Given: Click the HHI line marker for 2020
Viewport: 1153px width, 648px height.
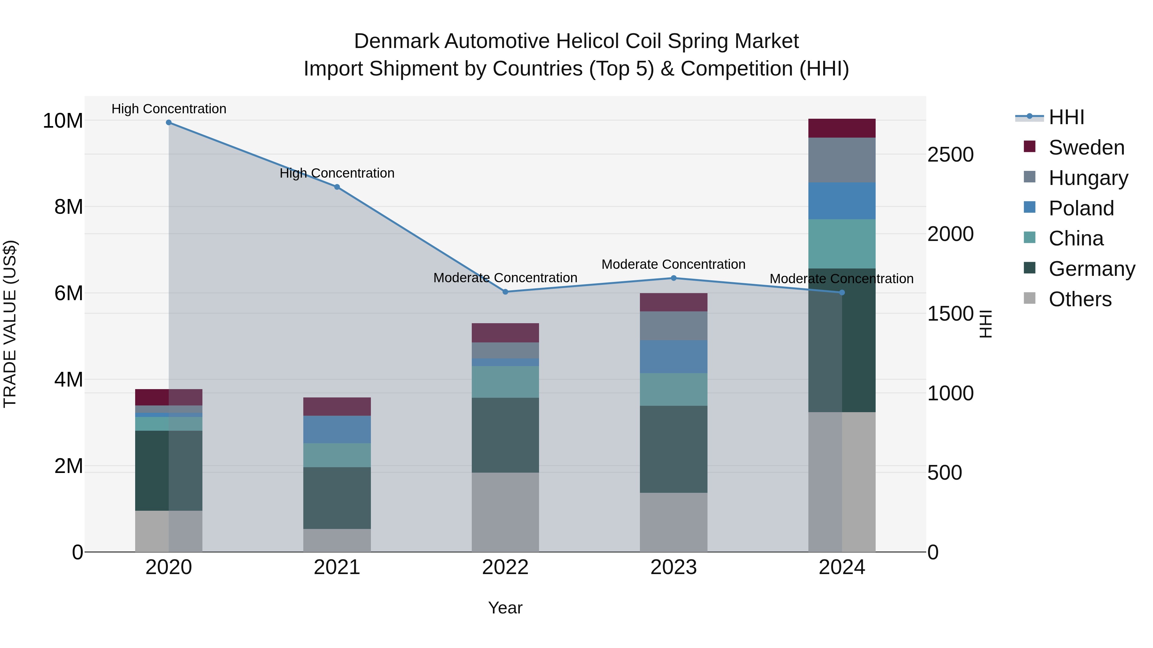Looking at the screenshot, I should (169, 123).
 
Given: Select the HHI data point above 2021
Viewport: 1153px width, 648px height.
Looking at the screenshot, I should (337, 187).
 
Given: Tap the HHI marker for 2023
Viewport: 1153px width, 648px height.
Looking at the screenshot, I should (674, 278).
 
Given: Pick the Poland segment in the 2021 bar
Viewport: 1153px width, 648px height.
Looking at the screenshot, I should (337, 429).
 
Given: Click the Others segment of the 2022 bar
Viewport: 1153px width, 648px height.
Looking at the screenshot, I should (505, 512).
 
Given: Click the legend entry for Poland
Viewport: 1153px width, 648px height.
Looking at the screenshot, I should (1081, 208).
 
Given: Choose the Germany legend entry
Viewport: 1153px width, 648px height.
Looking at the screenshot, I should (1091, 269).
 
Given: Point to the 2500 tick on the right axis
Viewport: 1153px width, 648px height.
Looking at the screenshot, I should (950, 155).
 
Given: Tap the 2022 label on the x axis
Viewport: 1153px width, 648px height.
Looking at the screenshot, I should (505, 567).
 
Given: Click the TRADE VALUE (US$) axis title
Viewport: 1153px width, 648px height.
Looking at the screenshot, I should (10, 324).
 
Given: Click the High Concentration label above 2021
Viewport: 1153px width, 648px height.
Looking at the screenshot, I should (337, 173).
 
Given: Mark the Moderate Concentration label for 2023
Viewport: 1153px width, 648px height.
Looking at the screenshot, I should (674, 264).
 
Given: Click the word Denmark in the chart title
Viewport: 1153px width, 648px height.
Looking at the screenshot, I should (396, 41).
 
